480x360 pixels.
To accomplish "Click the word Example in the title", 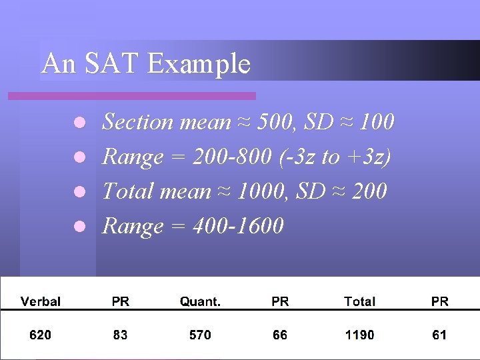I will click(x=199, y=65).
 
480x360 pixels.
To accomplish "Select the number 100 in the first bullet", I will click(x=377, y=122).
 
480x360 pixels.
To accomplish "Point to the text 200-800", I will click(x=229, y=157).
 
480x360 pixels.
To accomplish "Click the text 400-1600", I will click(x=238, y=227).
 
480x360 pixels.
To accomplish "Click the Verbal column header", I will click(x=40, y=301).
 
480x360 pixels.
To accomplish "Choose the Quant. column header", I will click(x=200, y=301).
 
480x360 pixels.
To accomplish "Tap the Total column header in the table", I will click(x=359, y=301).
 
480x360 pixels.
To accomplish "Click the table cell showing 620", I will click(x=40, y=335).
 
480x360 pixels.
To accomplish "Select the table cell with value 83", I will click(x=120, y=335).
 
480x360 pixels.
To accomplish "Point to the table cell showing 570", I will click(x=200, y=335).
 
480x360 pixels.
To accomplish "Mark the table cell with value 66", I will click(x=280, y=335).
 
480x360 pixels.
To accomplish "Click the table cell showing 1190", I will click(x=359, y=335).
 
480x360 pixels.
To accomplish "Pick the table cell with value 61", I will click(x=439, y=335).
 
